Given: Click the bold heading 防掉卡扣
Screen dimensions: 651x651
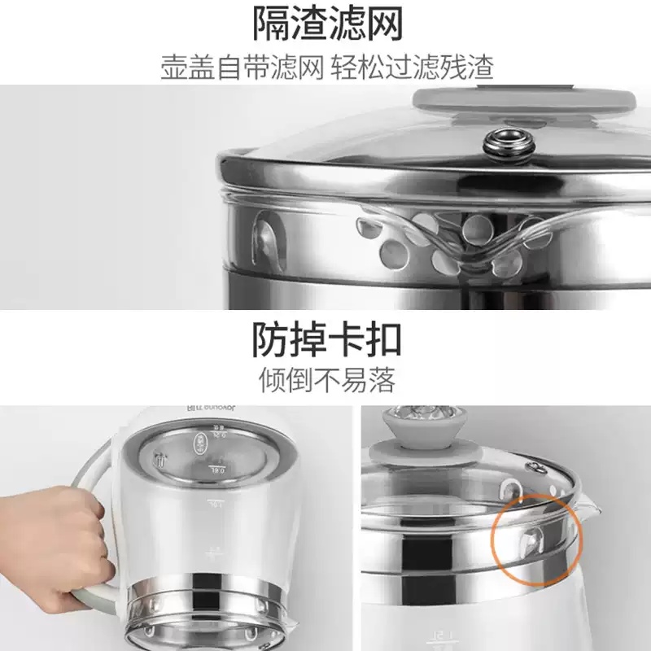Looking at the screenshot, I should pos(325,339).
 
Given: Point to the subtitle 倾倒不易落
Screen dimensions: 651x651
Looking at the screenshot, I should pos(325,379).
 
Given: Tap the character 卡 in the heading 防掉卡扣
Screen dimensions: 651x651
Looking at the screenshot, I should pos(351,339).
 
